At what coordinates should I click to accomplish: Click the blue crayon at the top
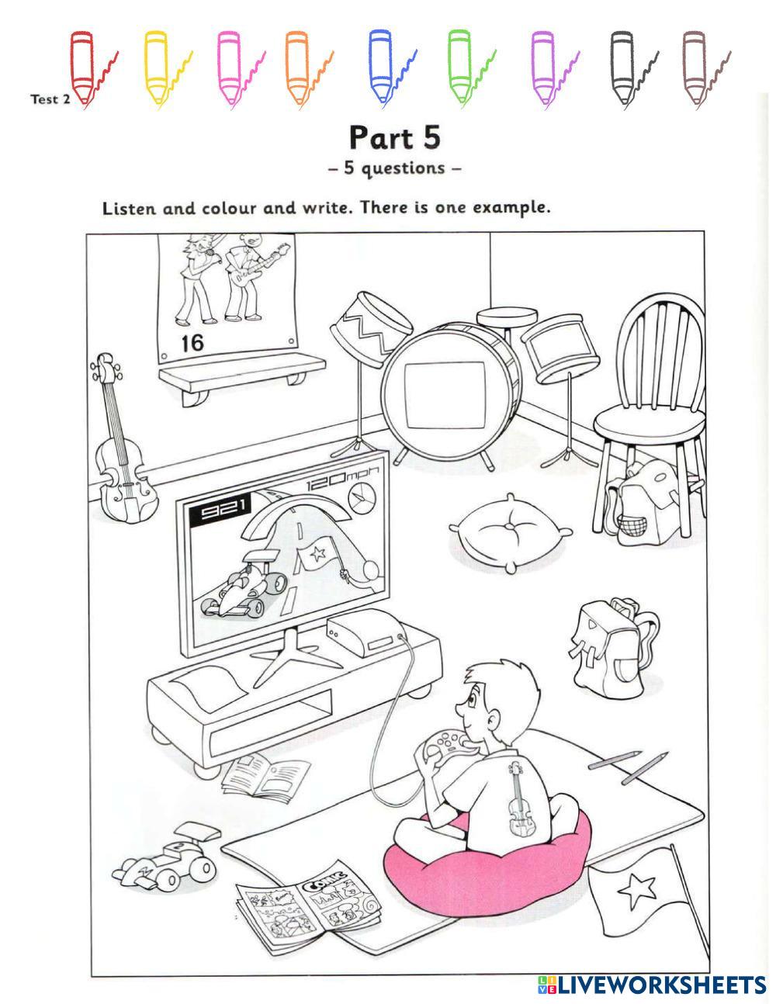[x=380, y=67]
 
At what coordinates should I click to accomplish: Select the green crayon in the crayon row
[x=459, y=67]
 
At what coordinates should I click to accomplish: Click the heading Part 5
[x=395, y=137]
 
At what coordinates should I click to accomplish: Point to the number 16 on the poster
[x=192, y=343]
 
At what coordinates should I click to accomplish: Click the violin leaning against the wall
[x=122, y=439]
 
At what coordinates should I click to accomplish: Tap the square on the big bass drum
[x=445, y=396]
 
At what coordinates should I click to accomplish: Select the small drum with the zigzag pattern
[x=370, y=329]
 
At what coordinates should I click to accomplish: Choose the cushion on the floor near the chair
[x=511, y=532]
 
